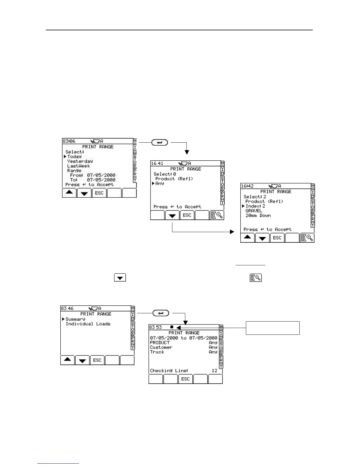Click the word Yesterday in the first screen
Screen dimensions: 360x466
click(80, 161)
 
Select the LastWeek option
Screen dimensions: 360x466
click(79, 166)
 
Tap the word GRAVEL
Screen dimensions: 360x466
click(254, 211)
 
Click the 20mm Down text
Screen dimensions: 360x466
click(258, 215)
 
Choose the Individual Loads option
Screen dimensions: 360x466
click(88, 324)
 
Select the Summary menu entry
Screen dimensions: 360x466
click(75, 319)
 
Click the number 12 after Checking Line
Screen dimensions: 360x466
click(214, 371)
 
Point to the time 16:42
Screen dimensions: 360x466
click(247, 186)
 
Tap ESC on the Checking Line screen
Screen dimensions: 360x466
click(185, 379)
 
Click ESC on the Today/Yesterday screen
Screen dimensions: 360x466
click(99, 193)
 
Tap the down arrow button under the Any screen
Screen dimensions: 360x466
click(172, 216)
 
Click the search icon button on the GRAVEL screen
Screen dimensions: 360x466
click(307, 238)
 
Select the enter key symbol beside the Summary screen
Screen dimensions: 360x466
click(161, 313)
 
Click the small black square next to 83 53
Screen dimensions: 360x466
click(172, 327)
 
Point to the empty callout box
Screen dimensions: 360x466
click(272, 328)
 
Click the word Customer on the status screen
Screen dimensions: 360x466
click(161, 347)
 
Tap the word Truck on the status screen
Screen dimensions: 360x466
click(157, 352)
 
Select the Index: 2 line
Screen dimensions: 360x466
click(255, 206)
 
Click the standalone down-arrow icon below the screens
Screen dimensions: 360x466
click(120, 277)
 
